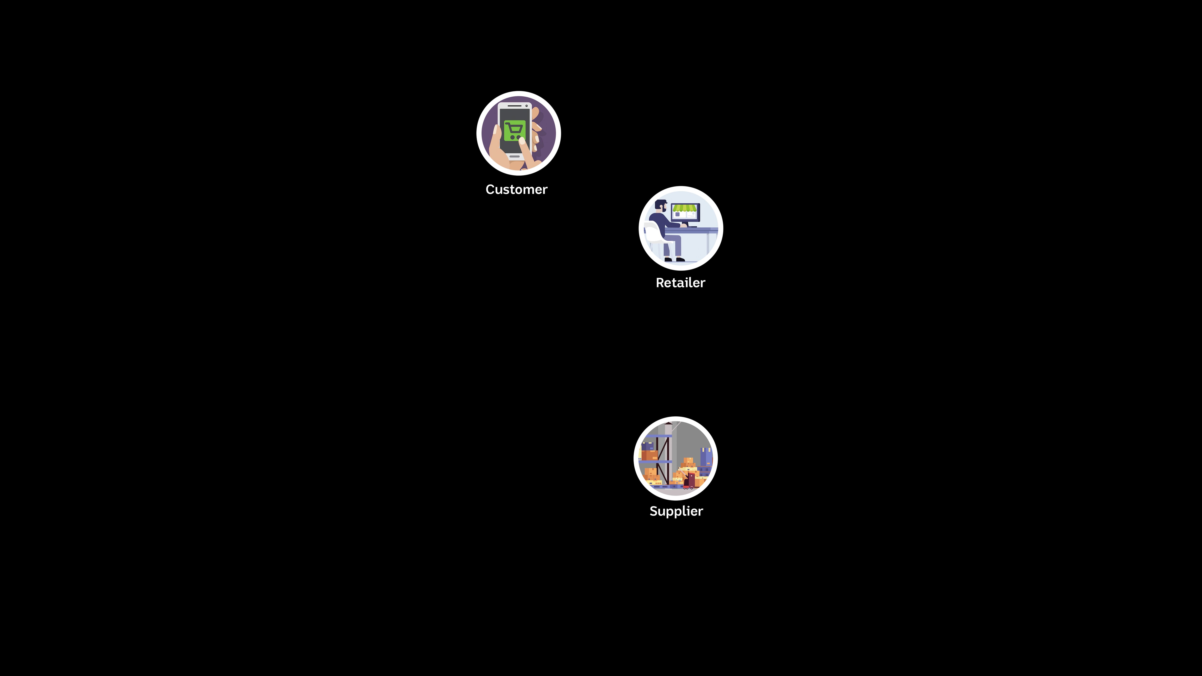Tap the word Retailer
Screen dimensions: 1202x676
point(680,283)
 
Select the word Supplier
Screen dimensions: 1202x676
point(676,511)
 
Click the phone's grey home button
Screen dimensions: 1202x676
point(514,156)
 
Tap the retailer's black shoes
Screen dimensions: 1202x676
point(674,259)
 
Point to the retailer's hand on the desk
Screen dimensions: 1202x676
point(684,225)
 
